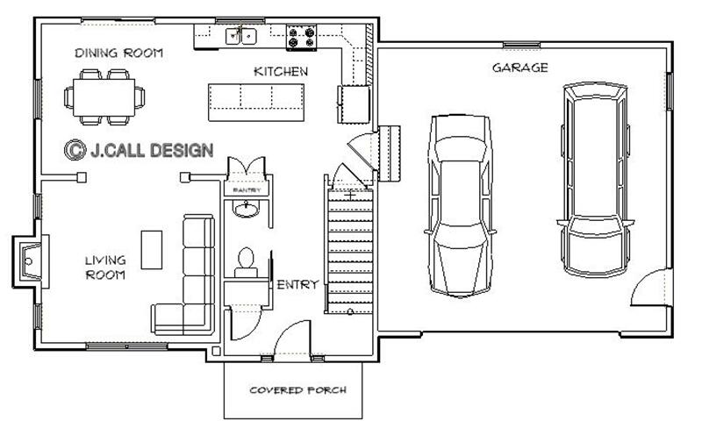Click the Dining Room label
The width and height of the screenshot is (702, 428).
click(x=118, y=53)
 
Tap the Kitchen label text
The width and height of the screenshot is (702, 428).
click(x=280, y=71)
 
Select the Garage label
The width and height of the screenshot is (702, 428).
click(x=519, y=68)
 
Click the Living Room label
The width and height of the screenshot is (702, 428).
click(x=105, y=267)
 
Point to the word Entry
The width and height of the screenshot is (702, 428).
click(x=297, y=285)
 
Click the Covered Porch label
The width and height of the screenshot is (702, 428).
click(x=297, y=389)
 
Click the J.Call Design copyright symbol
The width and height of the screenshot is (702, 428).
click(x=74, y=150)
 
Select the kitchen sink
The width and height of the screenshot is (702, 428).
click(x=240, y=36)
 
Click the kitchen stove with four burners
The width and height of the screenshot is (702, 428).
click(x=302, y=36)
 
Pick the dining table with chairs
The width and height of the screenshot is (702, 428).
click(x=104, y=95)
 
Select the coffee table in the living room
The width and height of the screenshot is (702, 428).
click(x=152, y=247)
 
